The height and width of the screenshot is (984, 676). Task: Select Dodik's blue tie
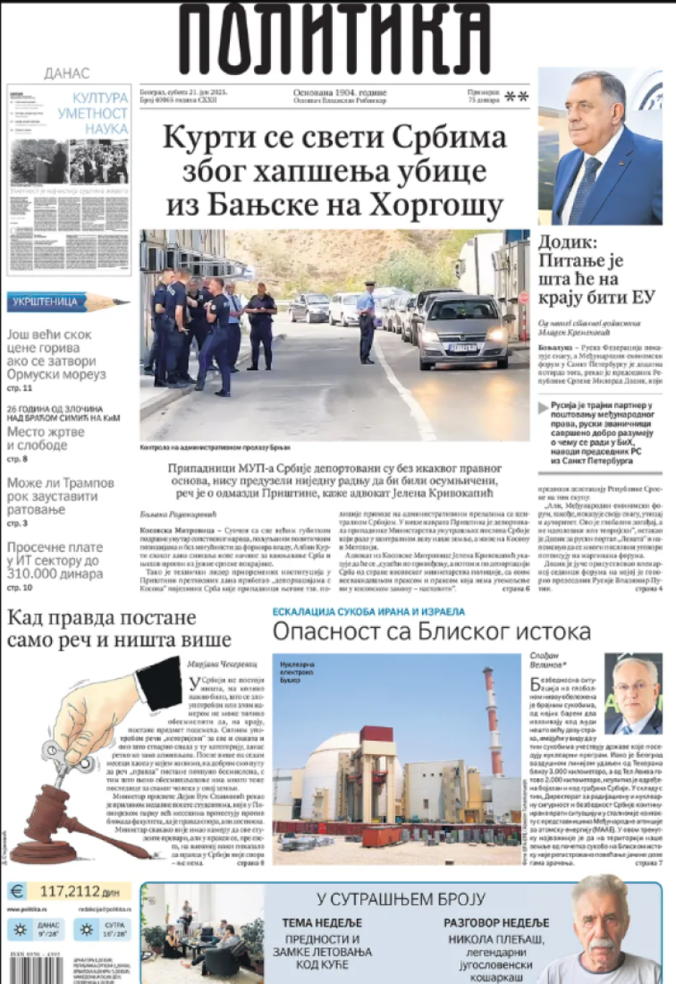[x=585, y=188]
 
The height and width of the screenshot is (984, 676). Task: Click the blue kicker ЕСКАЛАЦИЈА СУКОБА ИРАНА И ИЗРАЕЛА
[x=368, y=611]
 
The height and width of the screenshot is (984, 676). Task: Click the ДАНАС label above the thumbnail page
[x=67, y=74]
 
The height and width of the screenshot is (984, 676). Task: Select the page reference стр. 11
[x=20, y=388]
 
